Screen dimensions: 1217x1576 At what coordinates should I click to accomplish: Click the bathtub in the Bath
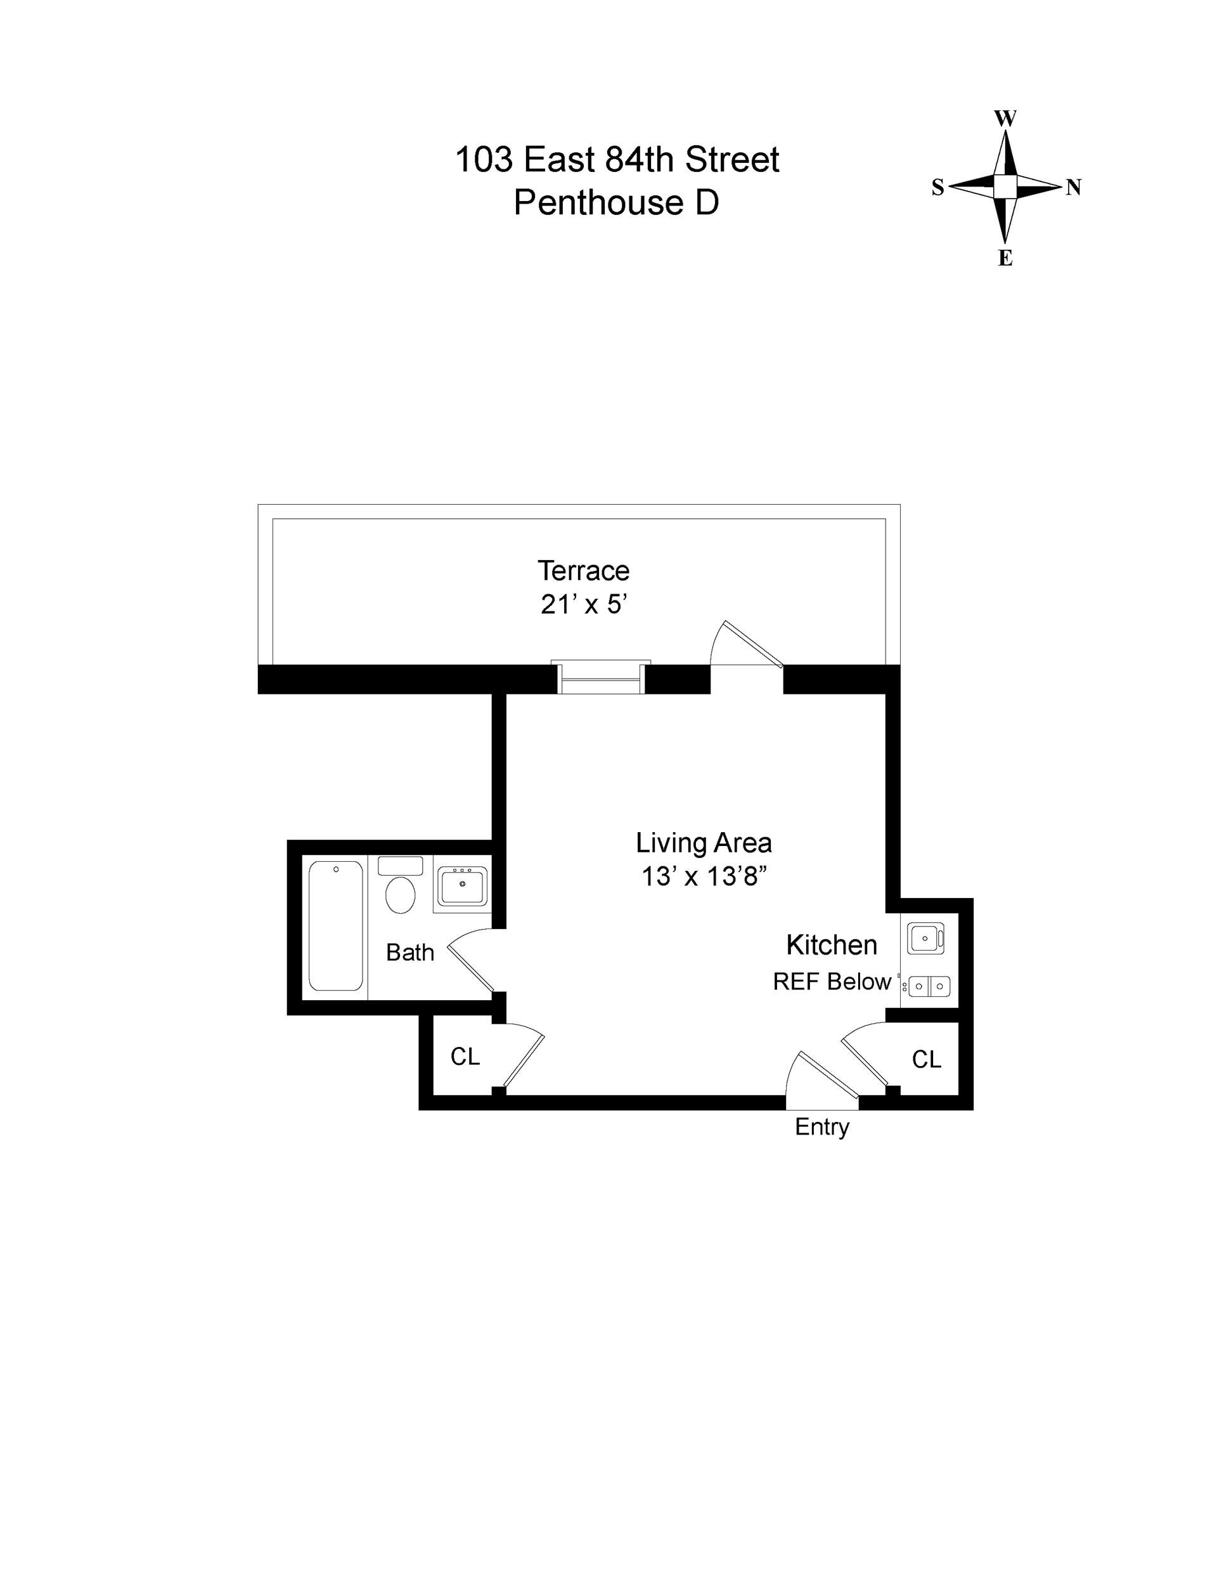(x=335, y=926)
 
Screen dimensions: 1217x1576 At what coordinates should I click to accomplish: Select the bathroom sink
(x=461, y=887)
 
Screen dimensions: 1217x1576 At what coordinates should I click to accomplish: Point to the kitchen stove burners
(x=929, y=986)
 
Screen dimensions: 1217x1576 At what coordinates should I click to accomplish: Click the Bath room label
(x=409, y=953)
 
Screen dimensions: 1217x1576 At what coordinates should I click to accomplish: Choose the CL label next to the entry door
(x=926, y=1059)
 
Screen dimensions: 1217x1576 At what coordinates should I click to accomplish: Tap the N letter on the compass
(x=1074, y=188)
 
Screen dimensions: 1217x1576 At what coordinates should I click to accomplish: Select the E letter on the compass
(x=1005, y=258)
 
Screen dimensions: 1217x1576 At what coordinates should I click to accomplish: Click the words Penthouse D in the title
(x=616, y=203)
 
